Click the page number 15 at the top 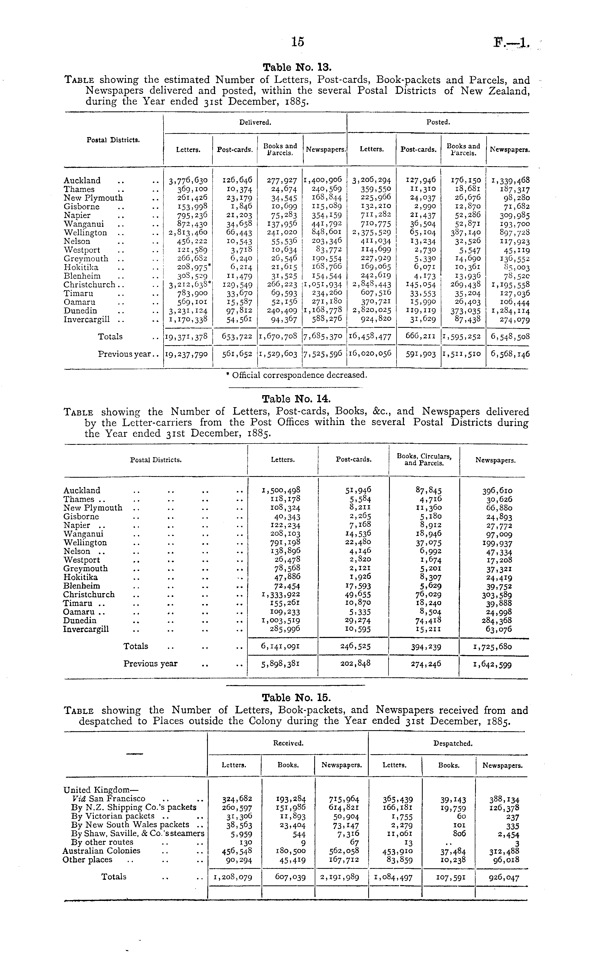pyautogui.click(x=298, y=42)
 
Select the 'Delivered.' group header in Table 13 pyautogui.click(x=255, y=122)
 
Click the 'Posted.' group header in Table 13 pyautogui.click(x=438, y=122)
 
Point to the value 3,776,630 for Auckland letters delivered pyautogui.click(x=188, y=181)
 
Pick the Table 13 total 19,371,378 pyautogui.click(x=188, y=337)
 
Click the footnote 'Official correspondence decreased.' pyautogui.click(x=297, y=374)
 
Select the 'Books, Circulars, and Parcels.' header pyautogui.click(x=424, y=460)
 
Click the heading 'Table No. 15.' pyautogui.click(x=297, y=697)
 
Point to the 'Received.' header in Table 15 pyautogui.click(x=288, y=743)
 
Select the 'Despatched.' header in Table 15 pyautogui.click(x=452, y=743)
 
